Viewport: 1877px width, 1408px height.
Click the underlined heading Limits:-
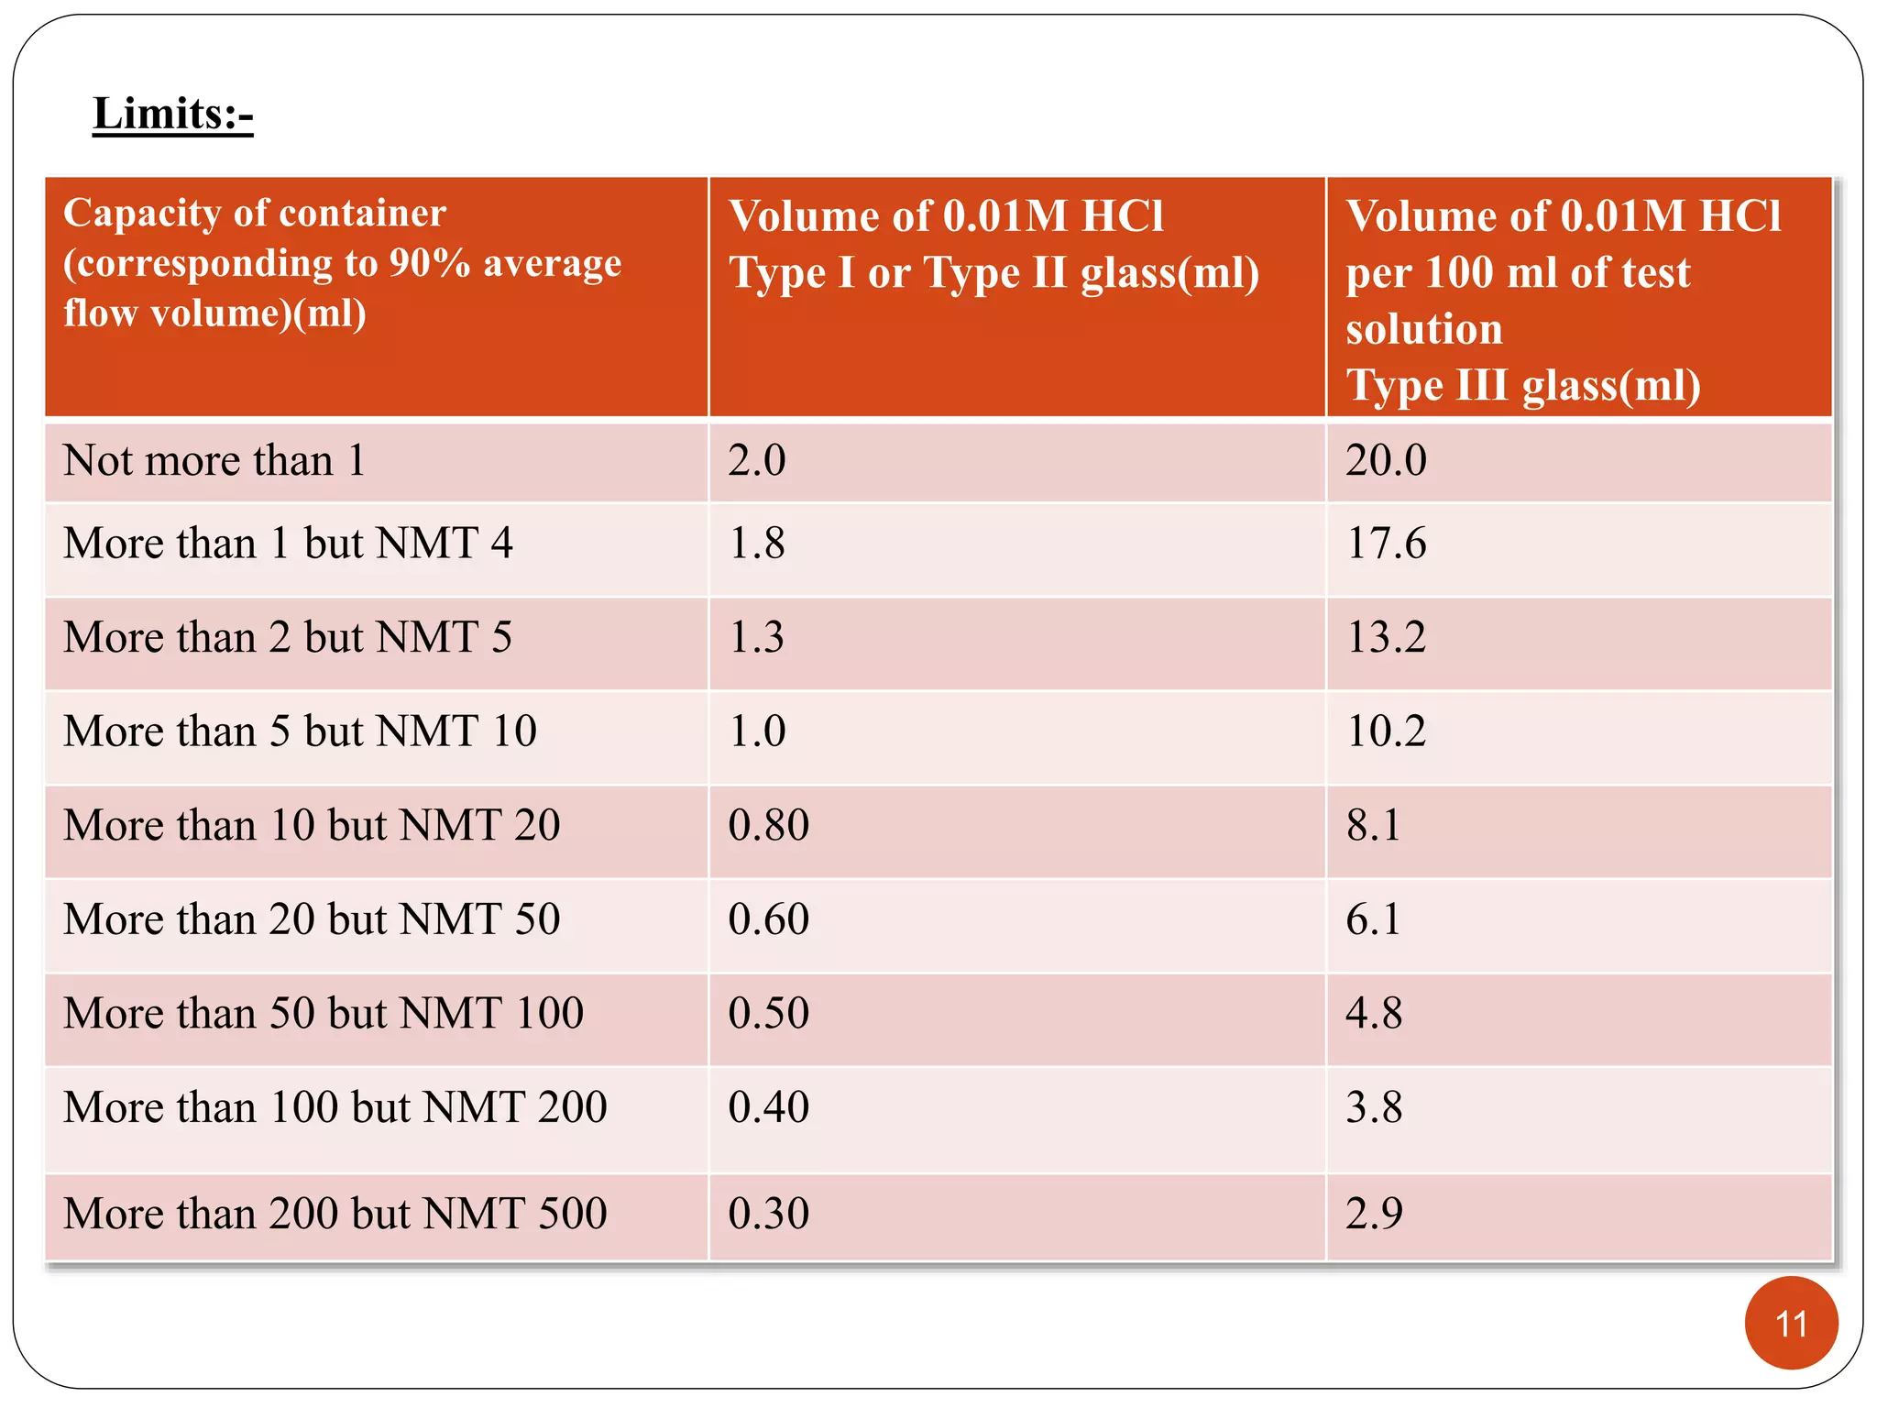click(172, 115)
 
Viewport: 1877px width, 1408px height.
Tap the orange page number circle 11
click(1791, 1323)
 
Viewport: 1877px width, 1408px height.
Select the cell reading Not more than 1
click(214, 460)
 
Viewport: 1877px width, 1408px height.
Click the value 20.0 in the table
click(1386, 460)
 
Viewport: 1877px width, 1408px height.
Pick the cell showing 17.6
click(1386, 544)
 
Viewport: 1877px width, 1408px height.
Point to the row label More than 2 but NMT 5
click(288, 637)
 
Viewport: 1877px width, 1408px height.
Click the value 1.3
click(756, 637)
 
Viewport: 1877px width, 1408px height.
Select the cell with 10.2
click(1386, 731)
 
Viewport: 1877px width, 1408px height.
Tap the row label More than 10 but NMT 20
click(312, 825)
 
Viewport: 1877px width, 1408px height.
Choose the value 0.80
click(769, 825)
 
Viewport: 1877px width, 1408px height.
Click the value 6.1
click(1373, 919)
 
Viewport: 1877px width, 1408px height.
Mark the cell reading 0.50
click(769, 1013)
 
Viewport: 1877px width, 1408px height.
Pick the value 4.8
click(1374, 1013)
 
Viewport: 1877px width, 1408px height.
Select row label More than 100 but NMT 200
click(335, 1107)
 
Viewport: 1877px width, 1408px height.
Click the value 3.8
click(1374, 1107)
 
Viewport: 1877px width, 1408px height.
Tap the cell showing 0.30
click(769, 1214)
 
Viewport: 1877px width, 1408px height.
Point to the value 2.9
click(1374, 1214)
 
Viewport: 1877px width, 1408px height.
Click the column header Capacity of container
click(255, 214)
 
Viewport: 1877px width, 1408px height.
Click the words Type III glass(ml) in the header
click(1523, 386)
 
